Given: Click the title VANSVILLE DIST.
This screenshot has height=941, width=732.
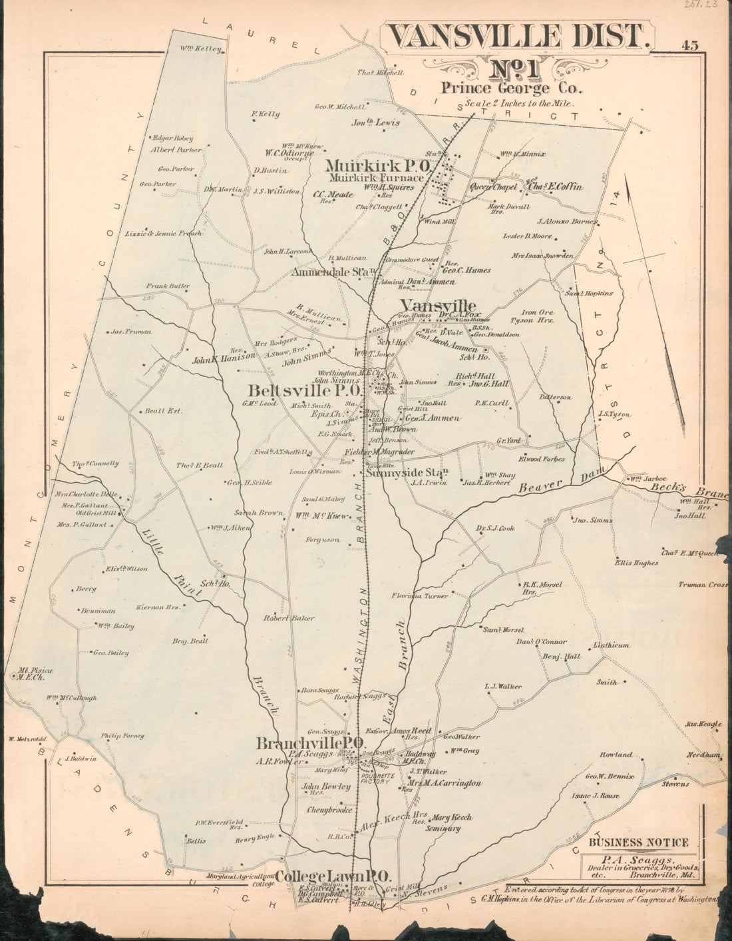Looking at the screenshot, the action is (516, 37).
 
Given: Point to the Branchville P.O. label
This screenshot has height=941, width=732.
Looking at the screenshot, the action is (310, 743).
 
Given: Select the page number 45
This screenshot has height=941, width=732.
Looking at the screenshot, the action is (689, 46).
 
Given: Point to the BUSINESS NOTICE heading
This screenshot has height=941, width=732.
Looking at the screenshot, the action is (638, 842).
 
